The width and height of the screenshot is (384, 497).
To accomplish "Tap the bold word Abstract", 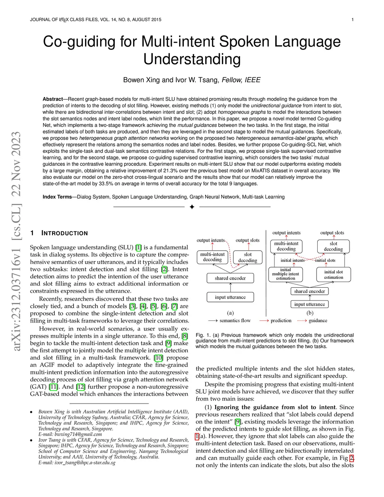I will tap(52, 99).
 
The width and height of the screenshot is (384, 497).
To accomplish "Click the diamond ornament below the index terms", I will tap(192, 207).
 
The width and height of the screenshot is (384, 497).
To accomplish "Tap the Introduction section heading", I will tap(64, 233).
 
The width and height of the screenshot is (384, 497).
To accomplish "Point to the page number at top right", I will tap(352, 20).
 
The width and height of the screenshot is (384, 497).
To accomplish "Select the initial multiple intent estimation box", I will tap(286, 274).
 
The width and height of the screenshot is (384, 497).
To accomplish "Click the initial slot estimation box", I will tap(333, 275).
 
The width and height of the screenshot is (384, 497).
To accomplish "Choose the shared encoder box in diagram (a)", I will tap(230, 278).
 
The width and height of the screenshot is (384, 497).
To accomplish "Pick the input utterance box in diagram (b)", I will tap(309, 304).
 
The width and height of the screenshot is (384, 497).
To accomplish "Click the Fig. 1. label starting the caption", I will tap(202, 335).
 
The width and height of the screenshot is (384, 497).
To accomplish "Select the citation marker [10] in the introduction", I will tap(159, 358).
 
